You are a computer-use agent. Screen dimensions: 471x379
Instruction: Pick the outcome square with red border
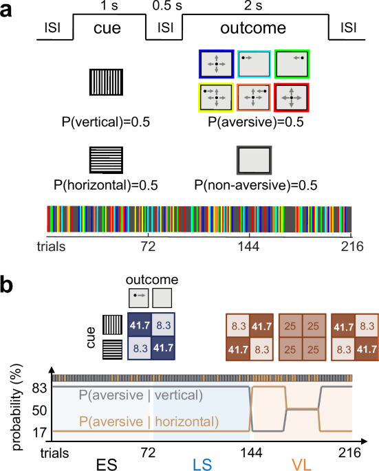coord(292,98)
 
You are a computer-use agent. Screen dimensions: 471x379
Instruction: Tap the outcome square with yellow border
coord(216,98)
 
